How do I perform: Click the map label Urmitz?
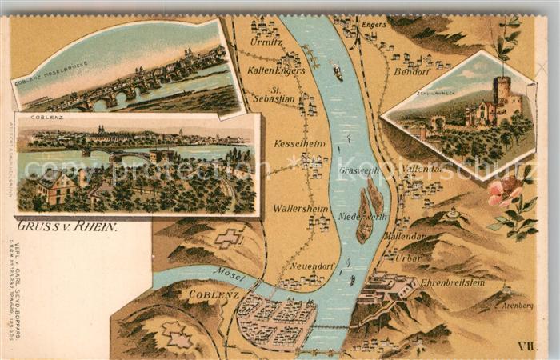(x=266, y=42)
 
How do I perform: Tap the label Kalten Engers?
(x=276, y=70)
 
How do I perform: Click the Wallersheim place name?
(x=300, y=208)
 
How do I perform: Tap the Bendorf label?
(x=412, y=71)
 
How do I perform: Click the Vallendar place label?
(x=422, y=170)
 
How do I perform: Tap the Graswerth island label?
(x=358, y=170)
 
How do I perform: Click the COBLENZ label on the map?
(x=214, y=294)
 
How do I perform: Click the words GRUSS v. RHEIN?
(x=67, y=226)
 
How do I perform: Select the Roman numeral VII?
(x=525, y=346)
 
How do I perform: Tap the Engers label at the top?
(x=374, y=25)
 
